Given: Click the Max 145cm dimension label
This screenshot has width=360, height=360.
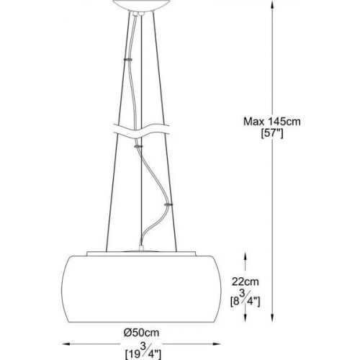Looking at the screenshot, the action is coord(272,122).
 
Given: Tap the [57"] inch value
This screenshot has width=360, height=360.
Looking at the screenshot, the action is coord(272,133).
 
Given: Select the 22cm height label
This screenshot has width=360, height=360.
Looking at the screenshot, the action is coord(246,282).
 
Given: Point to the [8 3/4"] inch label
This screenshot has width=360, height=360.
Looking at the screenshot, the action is coord(246,298).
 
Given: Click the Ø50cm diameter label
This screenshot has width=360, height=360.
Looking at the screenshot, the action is coord(142,333).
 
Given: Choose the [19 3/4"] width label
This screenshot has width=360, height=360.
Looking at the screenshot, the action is coord(143,350).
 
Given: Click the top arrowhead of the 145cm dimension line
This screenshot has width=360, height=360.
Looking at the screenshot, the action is coord(272,4).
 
